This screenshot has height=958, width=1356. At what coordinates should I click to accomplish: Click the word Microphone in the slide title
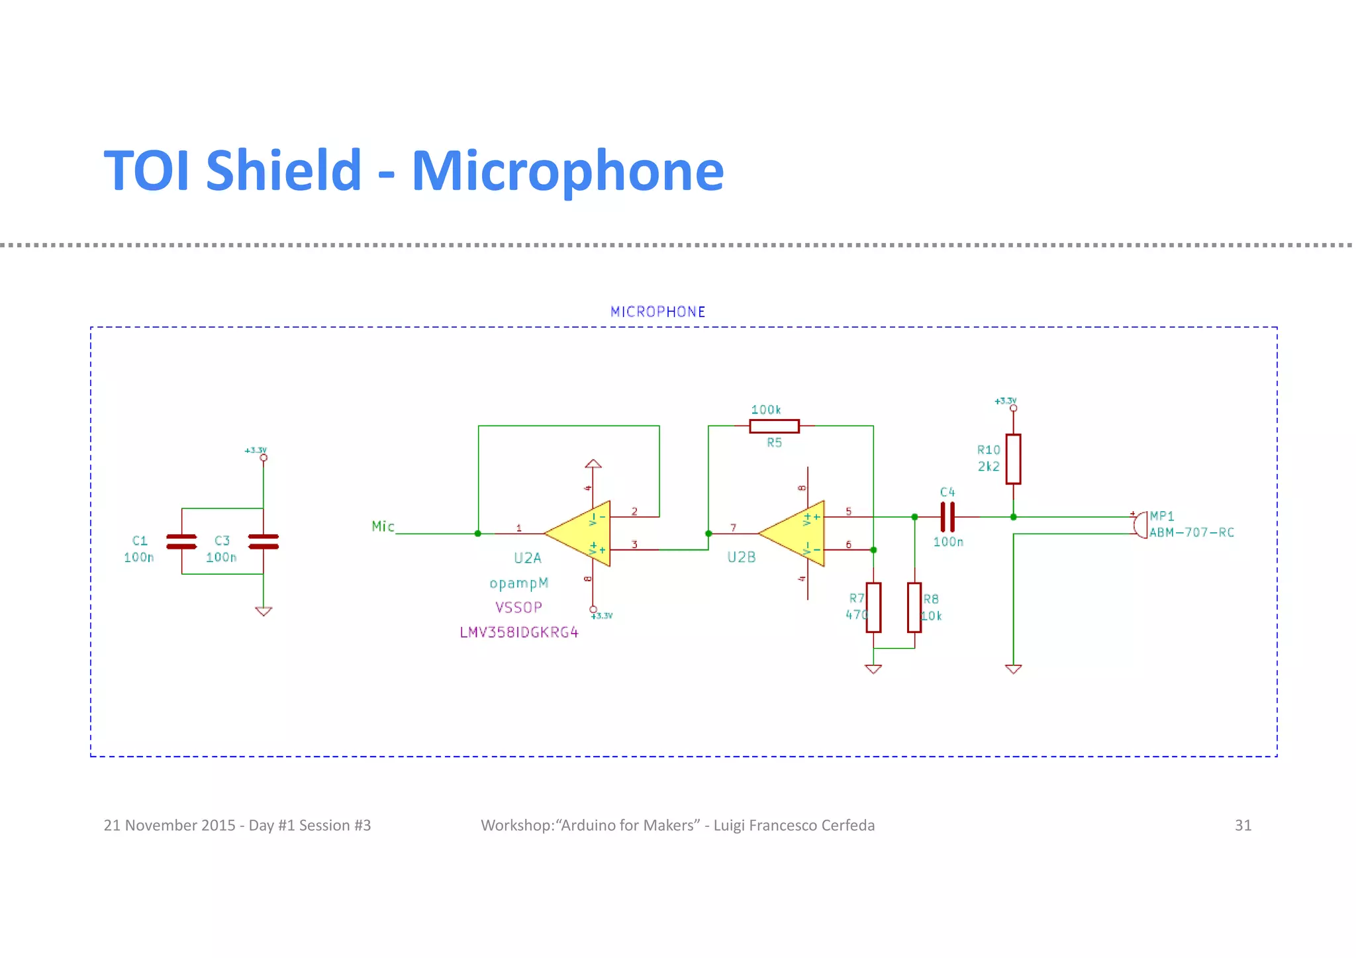click(567, 171)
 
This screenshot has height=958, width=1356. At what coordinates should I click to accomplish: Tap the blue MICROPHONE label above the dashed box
click(657, 312)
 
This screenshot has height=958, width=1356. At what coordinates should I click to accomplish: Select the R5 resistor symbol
click(774, 426)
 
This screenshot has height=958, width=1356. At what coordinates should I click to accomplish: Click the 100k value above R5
click(766, 410)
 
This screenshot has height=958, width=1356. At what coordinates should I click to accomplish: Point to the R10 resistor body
click(1013, 459)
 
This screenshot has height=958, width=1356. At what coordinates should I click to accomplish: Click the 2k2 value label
click(989, 467)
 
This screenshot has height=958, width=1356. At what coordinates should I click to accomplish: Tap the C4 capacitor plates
click(947, 517)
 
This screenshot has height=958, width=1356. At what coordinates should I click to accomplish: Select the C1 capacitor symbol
click(181, 542)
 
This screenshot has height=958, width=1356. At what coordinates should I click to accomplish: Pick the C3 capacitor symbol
click(264, 542)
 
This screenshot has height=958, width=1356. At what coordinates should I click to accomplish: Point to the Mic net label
click(383, 527)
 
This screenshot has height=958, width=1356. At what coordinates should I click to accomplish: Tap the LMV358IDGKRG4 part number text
click(519, 633)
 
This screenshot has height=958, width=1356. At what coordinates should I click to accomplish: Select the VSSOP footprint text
click(518, 608)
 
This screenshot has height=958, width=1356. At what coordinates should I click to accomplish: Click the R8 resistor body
click(914, 607)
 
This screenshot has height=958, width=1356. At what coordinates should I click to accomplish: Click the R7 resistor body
click(873, 607)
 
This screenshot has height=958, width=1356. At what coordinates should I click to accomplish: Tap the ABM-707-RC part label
click(1191, 533)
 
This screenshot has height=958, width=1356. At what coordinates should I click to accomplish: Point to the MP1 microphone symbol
click(1140, 525)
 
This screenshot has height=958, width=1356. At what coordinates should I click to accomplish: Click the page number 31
click(1243, 826)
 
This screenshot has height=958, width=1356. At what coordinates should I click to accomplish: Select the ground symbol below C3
click(264, 612)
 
